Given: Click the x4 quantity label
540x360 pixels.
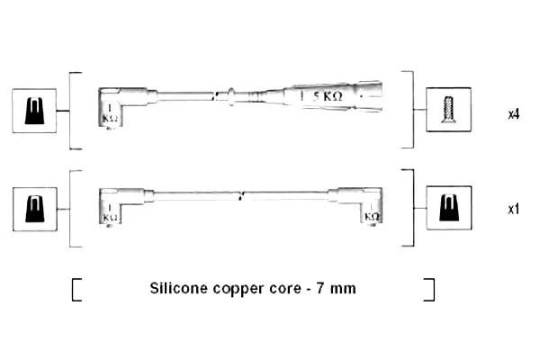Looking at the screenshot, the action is point(514,114).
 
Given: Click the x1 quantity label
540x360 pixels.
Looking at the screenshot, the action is point(514,209).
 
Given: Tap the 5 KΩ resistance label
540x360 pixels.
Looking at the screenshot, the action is point(328,96).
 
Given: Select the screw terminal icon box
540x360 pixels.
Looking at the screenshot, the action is point(448,110).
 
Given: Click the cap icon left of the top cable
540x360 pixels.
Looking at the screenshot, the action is point(34,111).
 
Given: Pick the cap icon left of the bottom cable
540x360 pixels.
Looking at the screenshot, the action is point(35,209).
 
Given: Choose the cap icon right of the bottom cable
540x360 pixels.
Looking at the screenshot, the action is point(449,208).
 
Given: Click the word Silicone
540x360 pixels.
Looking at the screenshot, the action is point(178,288).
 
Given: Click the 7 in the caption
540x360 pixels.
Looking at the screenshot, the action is point(319,288).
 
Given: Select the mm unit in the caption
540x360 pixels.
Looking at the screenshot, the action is point(343,290).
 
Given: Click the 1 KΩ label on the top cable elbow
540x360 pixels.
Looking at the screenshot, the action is point(110,113).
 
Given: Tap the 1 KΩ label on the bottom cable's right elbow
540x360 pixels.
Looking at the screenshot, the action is point(372,212).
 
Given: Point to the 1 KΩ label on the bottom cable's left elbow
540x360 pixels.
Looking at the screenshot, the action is point(110,213).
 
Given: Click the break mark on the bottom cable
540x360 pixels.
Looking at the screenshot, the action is point(241,197).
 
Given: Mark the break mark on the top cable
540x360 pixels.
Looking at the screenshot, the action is point(215,96).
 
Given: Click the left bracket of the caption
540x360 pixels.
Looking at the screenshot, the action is point(76,290).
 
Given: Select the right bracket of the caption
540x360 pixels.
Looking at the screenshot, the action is point(429,290).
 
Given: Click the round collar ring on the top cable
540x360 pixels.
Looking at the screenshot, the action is point(231,96).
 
